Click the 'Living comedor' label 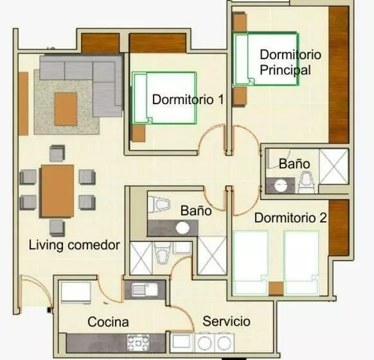click(x=74, y=245)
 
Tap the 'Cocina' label click(x=108, y=322)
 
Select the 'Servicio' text click(x=226, y=321)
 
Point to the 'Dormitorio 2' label click(x=290, y=218)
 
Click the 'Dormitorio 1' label click(x=188, y=99)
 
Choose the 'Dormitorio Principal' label click(x=290, y=62)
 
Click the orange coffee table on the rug click(x=66, y=109)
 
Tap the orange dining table click(x=57, y=191)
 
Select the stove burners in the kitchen click(x=138, y=343)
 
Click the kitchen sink click(x=145, y=290)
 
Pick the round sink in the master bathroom click(x=281, y=185)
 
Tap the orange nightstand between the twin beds click(x=276, y=289)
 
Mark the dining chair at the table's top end click(x=57, y=153)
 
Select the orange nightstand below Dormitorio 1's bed click(x=139, y=133)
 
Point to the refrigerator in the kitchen click(x=76, y=292)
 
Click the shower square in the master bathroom click(x=334, y=166)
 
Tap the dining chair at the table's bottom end click(x=57, y=228)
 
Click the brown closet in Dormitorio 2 click(x=339, y=228)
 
